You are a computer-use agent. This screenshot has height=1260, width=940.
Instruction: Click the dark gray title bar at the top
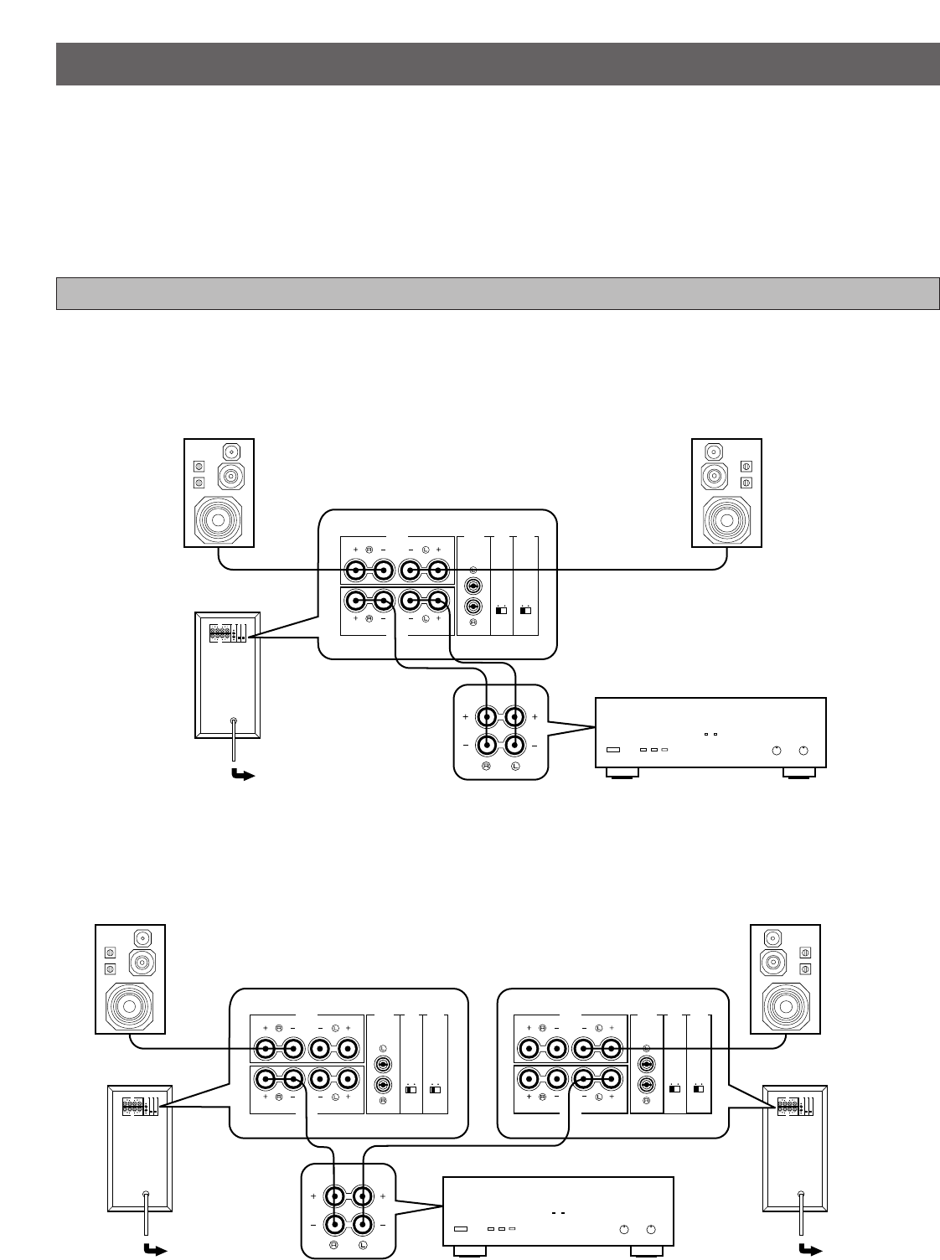coord(498,64)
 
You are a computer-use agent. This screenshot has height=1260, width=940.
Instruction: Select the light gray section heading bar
coord(498,293)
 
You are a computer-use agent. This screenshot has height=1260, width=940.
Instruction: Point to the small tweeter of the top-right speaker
coord(713,452)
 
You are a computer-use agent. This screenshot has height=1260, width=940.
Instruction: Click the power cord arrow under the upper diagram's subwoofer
coord(242,775)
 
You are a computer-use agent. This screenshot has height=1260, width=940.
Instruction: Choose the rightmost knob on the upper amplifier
coord(803,750)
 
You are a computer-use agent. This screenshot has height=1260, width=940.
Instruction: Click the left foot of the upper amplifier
coord(622,773)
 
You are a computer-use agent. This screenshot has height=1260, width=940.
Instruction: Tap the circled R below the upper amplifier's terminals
coord(486,767)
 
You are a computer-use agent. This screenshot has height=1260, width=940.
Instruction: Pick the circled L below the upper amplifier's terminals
coord(515,767)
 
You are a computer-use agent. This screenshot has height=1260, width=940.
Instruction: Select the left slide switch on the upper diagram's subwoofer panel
coord(501,610)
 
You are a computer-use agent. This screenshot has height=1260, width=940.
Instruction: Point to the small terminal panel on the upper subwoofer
coord(227,633)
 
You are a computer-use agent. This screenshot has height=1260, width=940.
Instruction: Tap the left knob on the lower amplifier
coord(623,1229)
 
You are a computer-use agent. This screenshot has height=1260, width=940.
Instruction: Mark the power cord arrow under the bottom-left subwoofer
coord(154,1251)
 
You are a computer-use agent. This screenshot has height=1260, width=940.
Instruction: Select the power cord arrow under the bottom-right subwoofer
coord(809,1251)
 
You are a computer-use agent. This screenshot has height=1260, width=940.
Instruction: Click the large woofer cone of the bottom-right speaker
coord(785,1004)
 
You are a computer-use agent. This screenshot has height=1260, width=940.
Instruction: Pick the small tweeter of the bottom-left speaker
coord(142,937)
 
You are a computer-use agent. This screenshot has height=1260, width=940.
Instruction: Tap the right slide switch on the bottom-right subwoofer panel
coord(699,1089)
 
